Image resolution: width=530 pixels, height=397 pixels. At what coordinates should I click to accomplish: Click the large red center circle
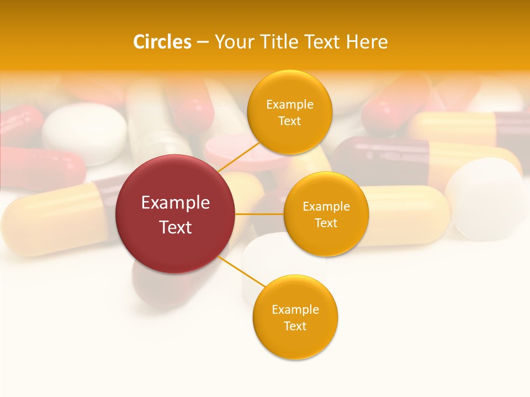click(175, 214)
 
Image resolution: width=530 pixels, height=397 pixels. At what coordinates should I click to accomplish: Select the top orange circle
click(289, 112)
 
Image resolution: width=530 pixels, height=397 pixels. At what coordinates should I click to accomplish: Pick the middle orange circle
click(326, 214)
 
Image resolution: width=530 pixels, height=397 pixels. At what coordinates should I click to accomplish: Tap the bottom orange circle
click(295, 317)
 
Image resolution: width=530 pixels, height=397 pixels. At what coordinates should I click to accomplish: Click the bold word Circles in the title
click(162, 41)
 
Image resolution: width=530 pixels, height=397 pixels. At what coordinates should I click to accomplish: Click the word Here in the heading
click(367, 41)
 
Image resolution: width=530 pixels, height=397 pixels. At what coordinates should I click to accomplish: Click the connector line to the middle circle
click(259, 214)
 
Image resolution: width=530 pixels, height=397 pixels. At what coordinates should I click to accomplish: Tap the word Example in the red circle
click(176, 202)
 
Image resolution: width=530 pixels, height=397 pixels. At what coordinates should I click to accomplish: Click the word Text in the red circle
click(176, 227)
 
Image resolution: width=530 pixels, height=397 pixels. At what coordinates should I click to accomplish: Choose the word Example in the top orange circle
click(289, 104)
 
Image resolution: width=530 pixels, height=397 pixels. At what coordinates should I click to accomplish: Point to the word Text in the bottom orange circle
click(295, 326)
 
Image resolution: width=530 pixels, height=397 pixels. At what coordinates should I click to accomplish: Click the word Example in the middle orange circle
click(326, 206)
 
